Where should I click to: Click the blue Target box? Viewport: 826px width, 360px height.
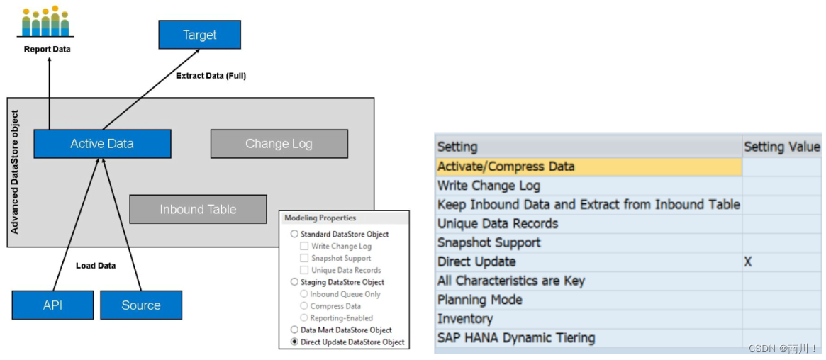pyautogui.click(x=199, y=35)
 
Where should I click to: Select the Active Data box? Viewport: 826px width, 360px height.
pyautogui.click(x=102, y=144)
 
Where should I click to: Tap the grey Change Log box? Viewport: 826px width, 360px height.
pyautogui.click(x=279, y=144)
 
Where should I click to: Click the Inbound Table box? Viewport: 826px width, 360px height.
pyautogui.click(x=198, y=209)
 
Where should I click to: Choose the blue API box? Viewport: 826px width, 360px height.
pyautogui.click(x=52, y=305)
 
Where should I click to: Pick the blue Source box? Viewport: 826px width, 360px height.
pyautogui.click(x=141, y=305)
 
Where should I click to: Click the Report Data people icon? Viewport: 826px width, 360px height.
pyautogui.click(x=45, y=23)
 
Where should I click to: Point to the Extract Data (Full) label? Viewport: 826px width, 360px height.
pyautogui.click(x=211, y=75)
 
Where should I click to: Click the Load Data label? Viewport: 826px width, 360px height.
pyautogui.click(x=96, y=266)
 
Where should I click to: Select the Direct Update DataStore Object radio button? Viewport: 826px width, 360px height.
pyautogui.click(x=294, y=342)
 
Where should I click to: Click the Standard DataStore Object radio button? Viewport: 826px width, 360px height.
pyautogui.click(x=294, y=234)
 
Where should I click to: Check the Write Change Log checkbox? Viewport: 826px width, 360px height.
pyautogui.click(x=304, y=246)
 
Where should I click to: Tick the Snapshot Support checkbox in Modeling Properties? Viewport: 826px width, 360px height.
pyautogui.click(x=304, y=258)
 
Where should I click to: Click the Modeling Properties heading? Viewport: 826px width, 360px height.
pyautogui.click(x=320, y=218)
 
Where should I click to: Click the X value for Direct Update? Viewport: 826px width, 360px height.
pyautogui.click(x=747, y=261)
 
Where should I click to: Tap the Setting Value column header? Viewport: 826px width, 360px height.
pyautogui.click(x=781, y=147)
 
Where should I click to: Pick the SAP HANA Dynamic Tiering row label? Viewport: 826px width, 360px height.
pyautogui.click(x=515, y=338)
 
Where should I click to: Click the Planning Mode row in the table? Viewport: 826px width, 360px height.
pyautogui.click(x=479, y=300)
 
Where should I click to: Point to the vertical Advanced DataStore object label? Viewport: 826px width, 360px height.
pyautogui.click(x=16, y=172)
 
